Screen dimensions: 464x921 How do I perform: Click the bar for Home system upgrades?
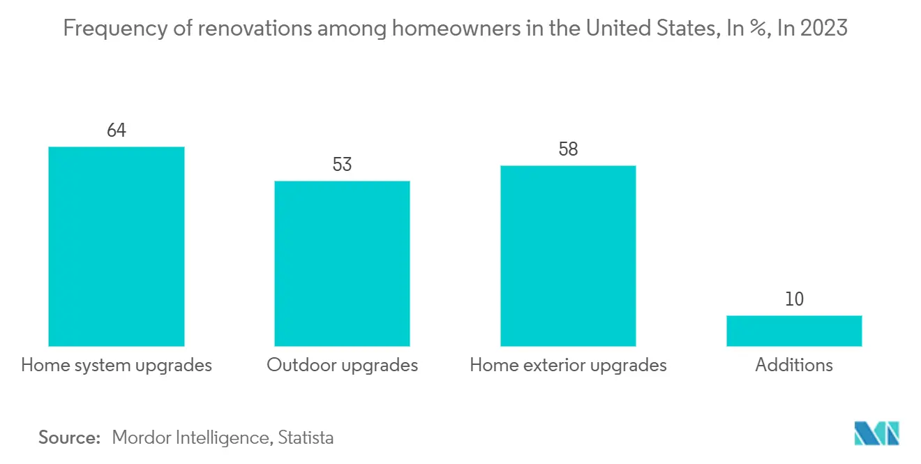[x=116, y=246]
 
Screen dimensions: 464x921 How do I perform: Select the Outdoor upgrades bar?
[x=342, y=263]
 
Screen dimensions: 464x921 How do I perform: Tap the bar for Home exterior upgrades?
[x=568, y=255]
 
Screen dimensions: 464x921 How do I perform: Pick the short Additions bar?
[x=794, y=331]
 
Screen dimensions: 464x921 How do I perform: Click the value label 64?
[x=116, y=130]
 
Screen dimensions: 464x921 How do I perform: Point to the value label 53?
[x=342, y=165]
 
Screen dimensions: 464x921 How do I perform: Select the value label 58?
[x=568, y=149]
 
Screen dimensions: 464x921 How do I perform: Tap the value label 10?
[x=794, y=299]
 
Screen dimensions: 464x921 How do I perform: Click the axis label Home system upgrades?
[x=116, y=365]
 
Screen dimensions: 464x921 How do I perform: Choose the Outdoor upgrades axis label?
[x=342, y=365]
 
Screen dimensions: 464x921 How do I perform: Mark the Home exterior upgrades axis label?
[x=568, y=365]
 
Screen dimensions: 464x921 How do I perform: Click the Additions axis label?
[x=794, y=365]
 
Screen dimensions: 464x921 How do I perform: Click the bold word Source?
[x=70, y=437]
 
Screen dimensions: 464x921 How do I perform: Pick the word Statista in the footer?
[x=306, y=437]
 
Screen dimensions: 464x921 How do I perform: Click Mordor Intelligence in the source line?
[x=190, y=437]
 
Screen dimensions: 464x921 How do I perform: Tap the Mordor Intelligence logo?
[x=877, y=433]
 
